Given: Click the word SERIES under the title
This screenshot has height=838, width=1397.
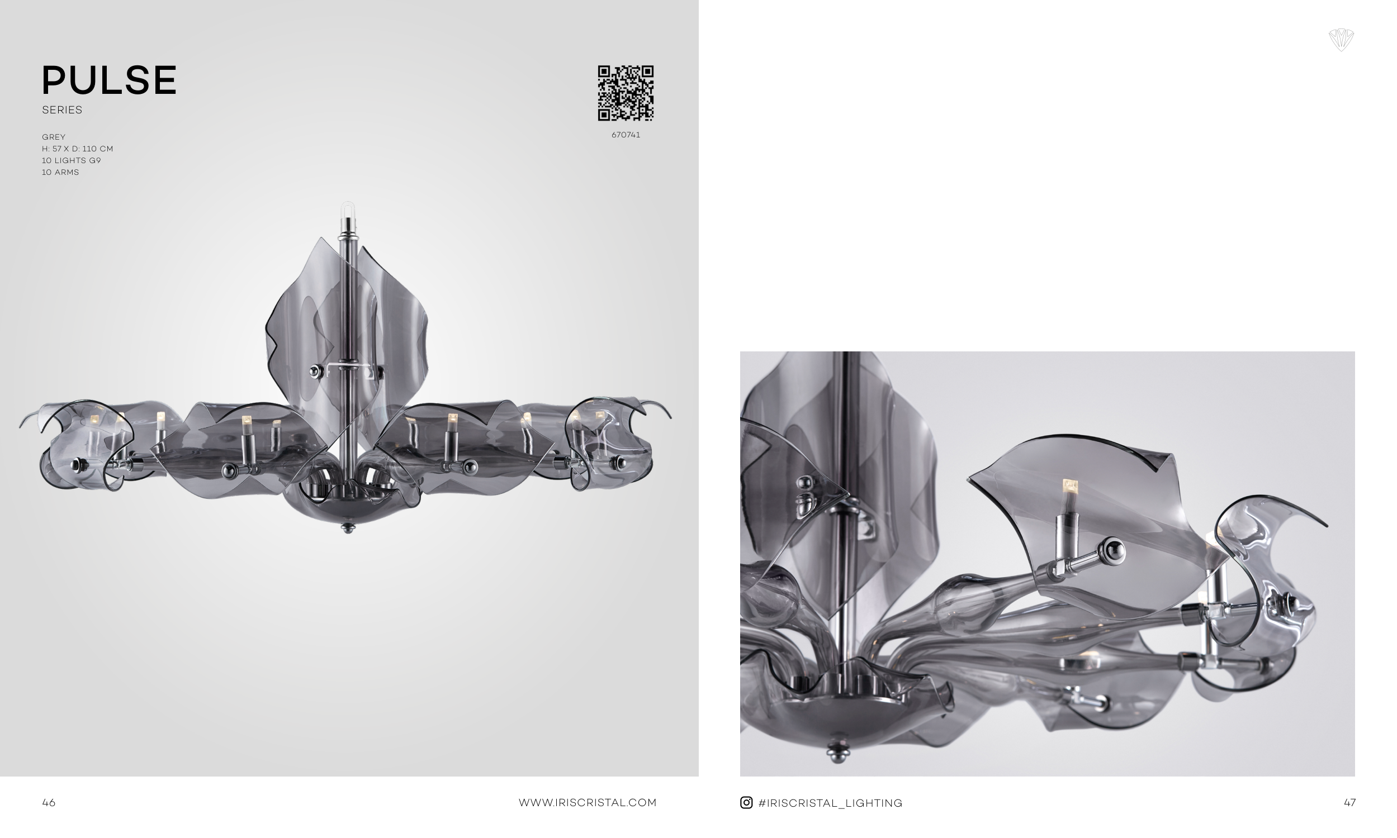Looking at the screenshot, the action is click(x=62, y=110).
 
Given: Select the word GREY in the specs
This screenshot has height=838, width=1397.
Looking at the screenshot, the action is click(x=54, y=137).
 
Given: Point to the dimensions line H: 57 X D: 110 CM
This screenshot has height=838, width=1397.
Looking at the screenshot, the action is click(x=77, y=149).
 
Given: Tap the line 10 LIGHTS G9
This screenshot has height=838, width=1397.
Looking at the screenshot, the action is click(x=71, y=161).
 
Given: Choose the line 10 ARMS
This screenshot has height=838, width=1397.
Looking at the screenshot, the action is click(x=60, y=173).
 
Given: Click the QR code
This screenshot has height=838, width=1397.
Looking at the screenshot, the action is click(x=626, y=93).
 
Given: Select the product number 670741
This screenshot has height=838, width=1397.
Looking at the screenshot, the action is click(x=626, y=135).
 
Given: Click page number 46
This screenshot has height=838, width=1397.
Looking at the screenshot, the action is click(x=49, y=802).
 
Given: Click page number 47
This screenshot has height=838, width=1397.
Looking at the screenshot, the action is click(x=1349, y=802).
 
